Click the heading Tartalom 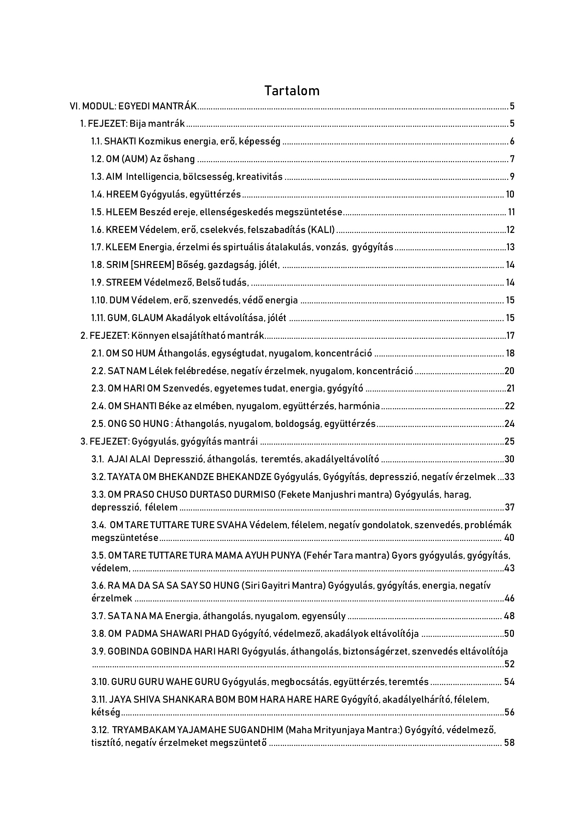pos(292,91)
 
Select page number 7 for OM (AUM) pos(512,159)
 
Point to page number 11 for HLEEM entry pos(511,212)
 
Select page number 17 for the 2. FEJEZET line pos(510,336)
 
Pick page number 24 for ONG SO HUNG pos(509,423)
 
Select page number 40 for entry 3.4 pos(509,538)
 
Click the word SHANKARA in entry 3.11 pos(188,699)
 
